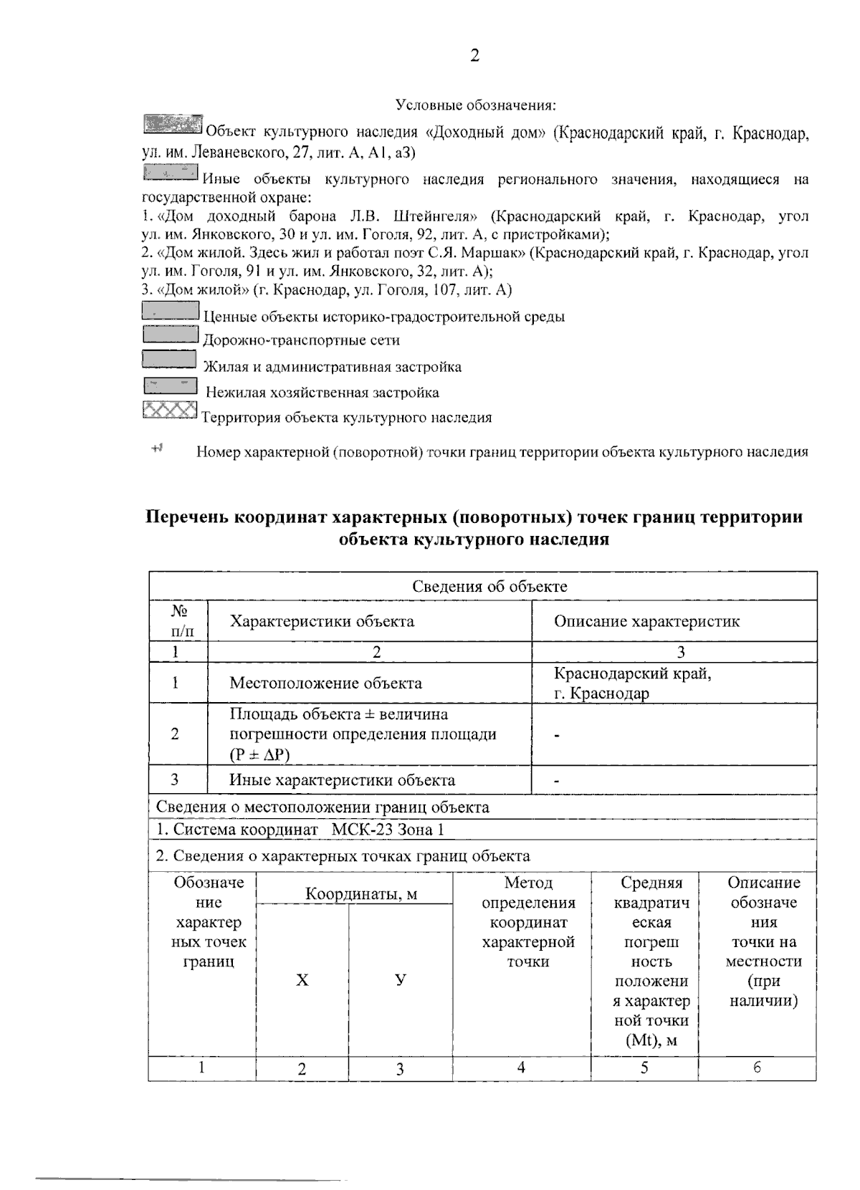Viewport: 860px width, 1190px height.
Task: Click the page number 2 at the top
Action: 474,56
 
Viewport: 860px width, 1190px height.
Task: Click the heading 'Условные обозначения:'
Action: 476,105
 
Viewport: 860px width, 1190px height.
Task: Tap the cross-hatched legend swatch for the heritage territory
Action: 170,411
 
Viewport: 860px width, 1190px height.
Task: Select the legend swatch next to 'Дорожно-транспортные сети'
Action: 171,334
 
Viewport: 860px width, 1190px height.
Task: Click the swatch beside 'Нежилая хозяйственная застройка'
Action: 171,386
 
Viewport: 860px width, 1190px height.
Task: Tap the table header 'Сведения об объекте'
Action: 489,586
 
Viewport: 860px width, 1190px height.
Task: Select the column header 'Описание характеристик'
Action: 646,621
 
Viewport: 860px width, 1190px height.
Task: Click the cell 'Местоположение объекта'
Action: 325,683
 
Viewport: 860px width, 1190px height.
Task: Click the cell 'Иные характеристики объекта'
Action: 342,780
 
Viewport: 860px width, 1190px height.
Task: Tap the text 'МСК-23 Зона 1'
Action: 388,830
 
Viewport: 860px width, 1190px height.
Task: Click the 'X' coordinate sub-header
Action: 302,980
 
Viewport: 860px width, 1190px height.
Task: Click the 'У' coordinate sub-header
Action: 401,980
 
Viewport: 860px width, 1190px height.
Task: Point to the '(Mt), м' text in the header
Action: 651,1040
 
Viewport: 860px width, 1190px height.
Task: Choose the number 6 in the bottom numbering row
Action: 757,1067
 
